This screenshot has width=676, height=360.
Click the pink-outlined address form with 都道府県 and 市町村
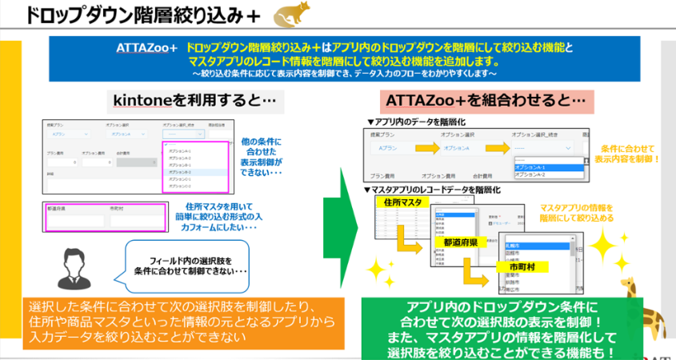tap(105, 216)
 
